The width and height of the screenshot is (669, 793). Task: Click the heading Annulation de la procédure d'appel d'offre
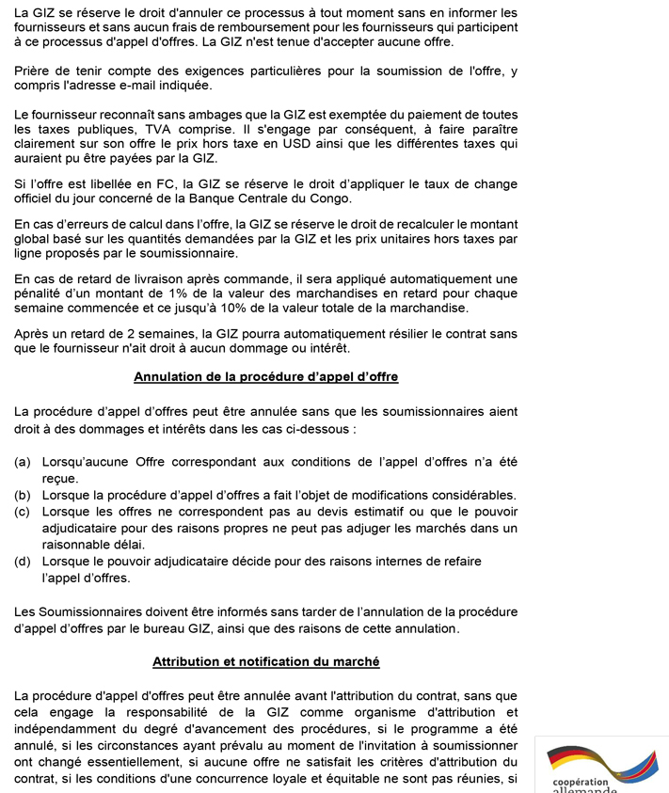(x=266, y=376)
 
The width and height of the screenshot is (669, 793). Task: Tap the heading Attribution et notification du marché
(x=266, y=661)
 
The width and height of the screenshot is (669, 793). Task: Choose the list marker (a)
(x=24, y=462)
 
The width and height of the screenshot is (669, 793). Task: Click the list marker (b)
(x=24, y=495)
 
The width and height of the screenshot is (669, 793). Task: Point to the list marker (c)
(x=24, y=511)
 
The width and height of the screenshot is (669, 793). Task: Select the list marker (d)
(x=24, y=561)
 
